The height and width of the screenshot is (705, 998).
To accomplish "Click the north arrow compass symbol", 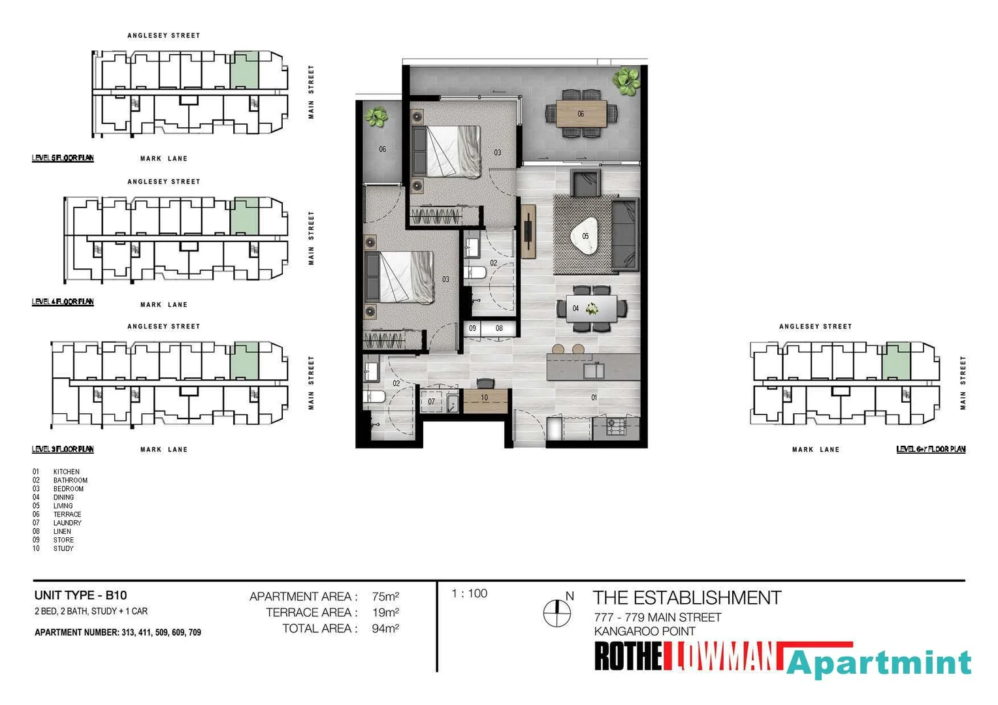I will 557,612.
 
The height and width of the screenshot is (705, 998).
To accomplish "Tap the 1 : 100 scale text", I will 469,593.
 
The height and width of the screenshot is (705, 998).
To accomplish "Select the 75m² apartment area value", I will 385,597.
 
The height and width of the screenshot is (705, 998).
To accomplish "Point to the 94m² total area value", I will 385,629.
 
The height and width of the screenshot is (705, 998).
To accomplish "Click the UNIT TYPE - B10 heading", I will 80,595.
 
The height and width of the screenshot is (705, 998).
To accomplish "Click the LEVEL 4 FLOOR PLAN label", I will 63,302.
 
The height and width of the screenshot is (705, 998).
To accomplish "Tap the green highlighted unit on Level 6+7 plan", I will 896,360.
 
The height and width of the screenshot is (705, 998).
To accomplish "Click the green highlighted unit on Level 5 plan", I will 244,70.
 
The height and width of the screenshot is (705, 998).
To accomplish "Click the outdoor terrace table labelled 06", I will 581,114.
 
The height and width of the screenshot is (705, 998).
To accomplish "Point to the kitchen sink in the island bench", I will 594,371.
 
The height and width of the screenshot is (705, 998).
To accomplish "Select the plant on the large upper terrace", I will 626,81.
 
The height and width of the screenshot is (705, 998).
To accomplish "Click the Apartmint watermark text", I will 878,663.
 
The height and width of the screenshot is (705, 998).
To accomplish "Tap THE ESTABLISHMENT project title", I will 686,598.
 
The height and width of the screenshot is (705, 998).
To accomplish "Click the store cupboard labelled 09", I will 472,328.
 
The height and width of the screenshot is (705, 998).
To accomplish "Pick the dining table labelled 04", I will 591,308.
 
